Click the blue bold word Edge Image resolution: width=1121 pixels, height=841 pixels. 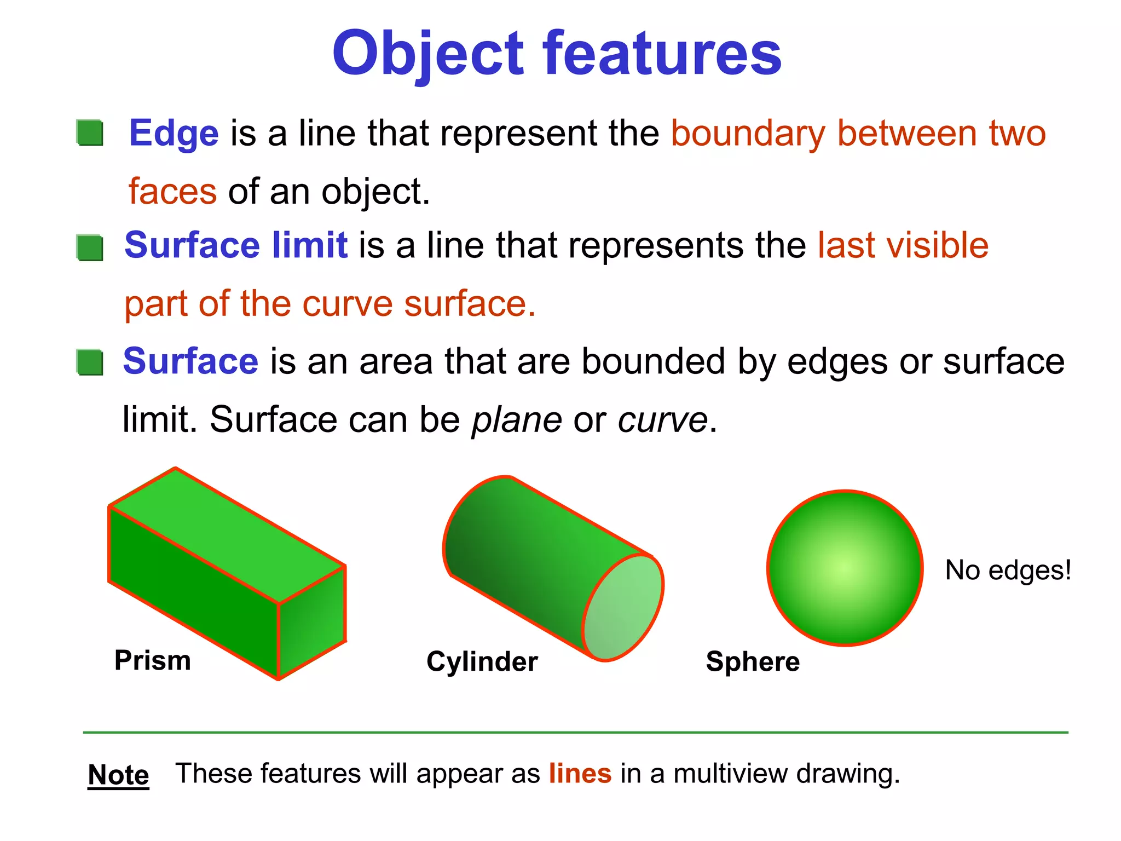pos(174,134)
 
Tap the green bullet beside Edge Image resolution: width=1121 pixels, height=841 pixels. pos(90,133)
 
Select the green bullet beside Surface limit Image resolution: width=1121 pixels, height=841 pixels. pos(90,248)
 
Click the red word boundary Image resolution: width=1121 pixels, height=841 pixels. pos(748,134)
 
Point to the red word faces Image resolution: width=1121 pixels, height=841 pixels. pos(172,192)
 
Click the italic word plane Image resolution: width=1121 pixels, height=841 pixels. pos(517,420)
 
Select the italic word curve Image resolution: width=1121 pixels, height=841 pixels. pos(662,420)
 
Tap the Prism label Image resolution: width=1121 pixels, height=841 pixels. pos(153,660)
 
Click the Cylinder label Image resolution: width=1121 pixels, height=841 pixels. pos(482,661)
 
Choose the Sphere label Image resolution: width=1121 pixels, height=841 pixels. pos(753,661)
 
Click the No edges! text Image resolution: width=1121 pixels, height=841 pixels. pos(1008,571)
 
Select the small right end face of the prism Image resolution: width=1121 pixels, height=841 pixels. pos(312,621)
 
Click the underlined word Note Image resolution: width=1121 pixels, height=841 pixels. pos(118,775)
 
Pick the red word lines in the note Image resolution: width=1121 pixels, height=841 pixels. pos(580,774)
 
